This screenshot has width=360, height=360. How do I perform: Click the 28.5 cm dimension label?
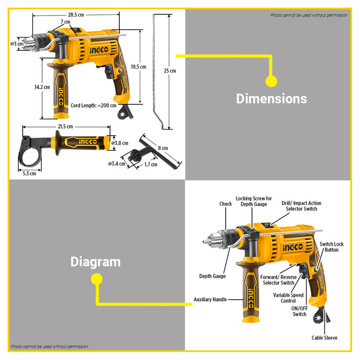(x=76, y=15)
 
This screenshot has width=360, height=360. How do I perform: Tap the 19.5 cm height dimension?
(x=138, y=66)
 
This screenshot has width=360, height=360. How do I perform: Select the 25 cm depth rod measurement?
(x=170, y=70)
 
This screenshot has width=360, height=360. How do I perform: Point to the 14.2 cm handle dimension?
(x=42, y=87)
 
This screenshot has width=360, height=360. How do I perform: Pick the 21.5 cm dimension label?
(x=65, y=126)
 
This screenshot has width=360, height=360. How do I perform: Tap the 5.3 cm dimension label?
(x=29, y=173)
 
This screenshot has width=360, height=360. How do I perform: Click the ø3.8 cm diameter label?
(x=120, y=143)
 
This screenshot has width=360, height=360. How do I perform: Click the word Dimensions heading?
(x=271, y=99)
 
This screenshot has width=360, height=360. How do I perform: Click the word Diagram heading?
(x=95, y=262)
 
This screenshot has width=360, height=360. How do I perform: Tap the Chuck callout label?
(x=225, y=204)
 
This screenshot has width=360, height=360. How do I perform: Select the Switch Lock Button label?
(x=329, y=247)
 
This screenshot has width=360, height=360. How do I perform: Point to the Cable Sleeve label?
(x=325, y=338)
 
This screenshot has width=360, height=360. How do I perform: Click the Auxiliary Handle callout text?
(x=210, y=299)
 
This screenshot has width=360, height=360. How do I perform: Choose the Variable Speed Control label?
(x=288, y=298)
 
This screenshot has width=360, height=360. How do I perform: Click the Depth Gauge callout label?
(x=212, y=276)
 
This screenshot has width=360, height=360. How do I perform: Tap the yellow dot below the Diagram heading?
(x=96, y=279)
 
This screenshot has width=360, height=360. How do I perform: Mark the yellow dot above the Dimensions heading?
(x=271, y=81)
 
